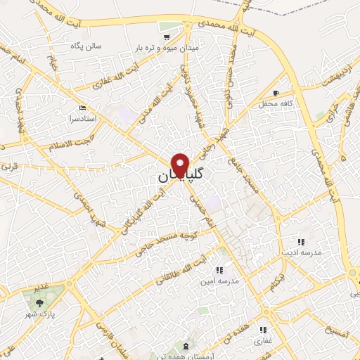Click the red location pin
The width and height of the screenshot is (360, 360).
pyautogui.click(x=181, y=166)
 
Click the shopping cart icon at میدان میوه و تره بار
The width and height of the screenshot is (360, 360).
pyautogui.click(x=167, y=36)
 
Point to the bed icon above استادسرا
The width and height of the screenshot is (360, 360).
pyautogui.click(x=84, y=108)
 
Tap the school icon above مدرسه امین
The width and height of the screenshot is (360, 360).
pyautogui.click(x=219, y=269)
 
